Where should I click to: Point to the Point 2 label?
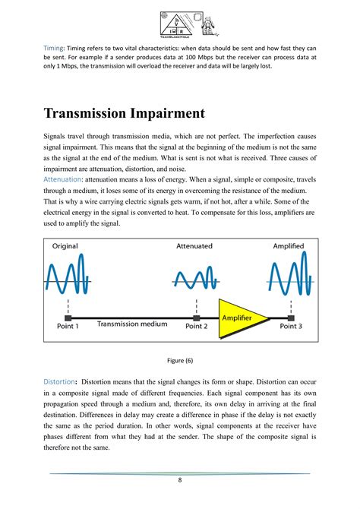(x=197, y=325)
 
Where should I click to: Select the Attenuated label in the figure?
(x=194, y=246)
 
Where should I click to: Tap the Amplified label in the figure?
(x=289, y=246)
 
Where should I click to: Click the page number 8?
(x=180, y=480)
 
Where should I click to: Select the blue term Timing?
(x=53, y=46)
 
